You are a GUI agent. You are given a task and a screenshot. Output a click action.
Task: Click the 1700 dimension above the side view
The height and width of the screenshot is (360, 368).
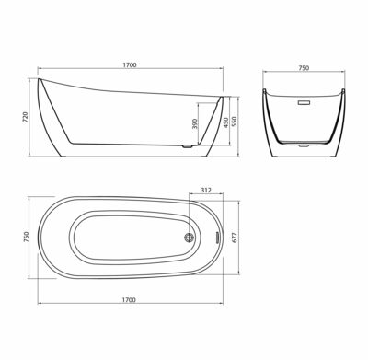[130, 65]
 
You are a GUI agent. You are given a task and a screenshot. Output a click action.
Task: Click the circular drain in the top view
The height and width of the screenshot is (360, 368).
[190, 238]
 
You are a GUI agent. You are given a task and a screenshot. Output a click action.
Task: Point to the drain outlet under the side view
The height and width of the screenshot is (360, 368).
[187, 145]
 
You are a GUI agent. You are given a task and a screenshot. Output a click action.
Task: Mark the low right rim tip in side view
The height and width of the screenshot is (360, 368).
[221, 95]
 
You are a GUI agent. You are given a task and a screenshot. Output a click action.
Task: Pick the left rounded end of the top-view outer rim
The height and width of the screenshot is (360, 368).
[39, 237]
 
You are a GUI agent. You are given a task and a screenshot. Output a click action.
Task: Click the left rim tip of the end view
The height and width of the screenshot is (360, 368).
[266, 89]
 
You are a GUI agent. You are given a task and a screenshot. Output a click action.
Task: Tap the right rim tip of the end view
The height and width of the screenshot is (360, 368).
[343, 89]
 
